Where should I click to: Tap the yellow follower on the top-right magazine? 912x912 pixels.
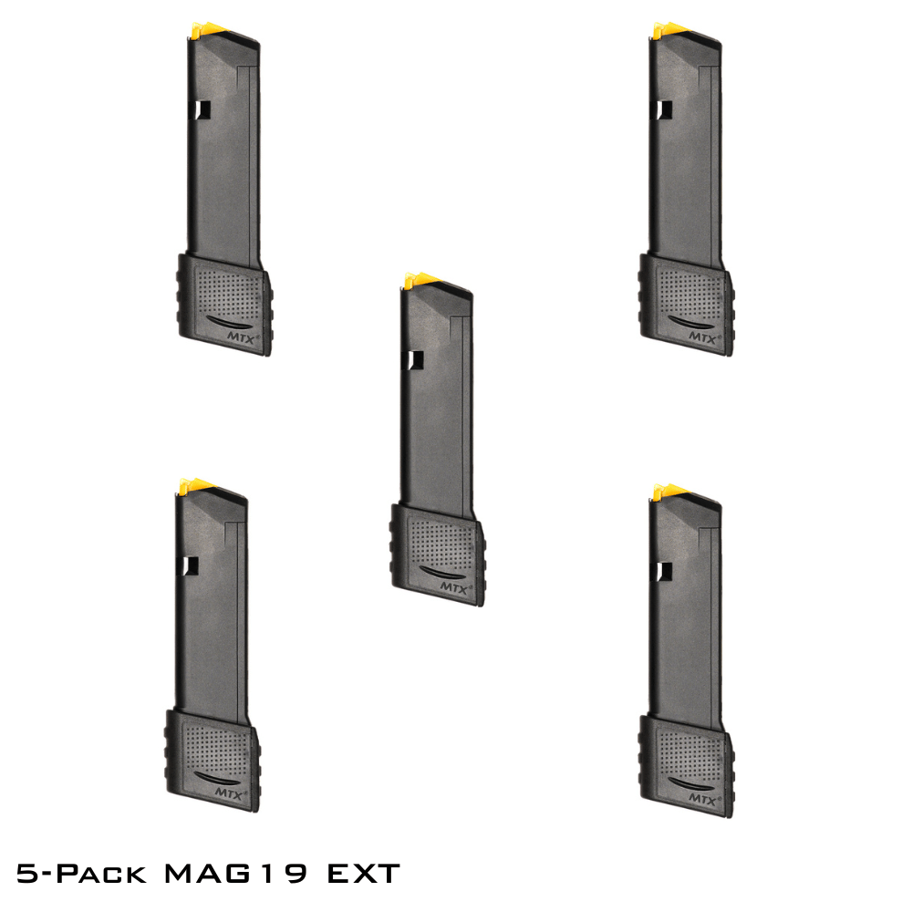tap(668, 31)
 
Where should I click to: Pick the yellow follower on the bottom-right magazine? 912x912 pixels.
tap(668, 492)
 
